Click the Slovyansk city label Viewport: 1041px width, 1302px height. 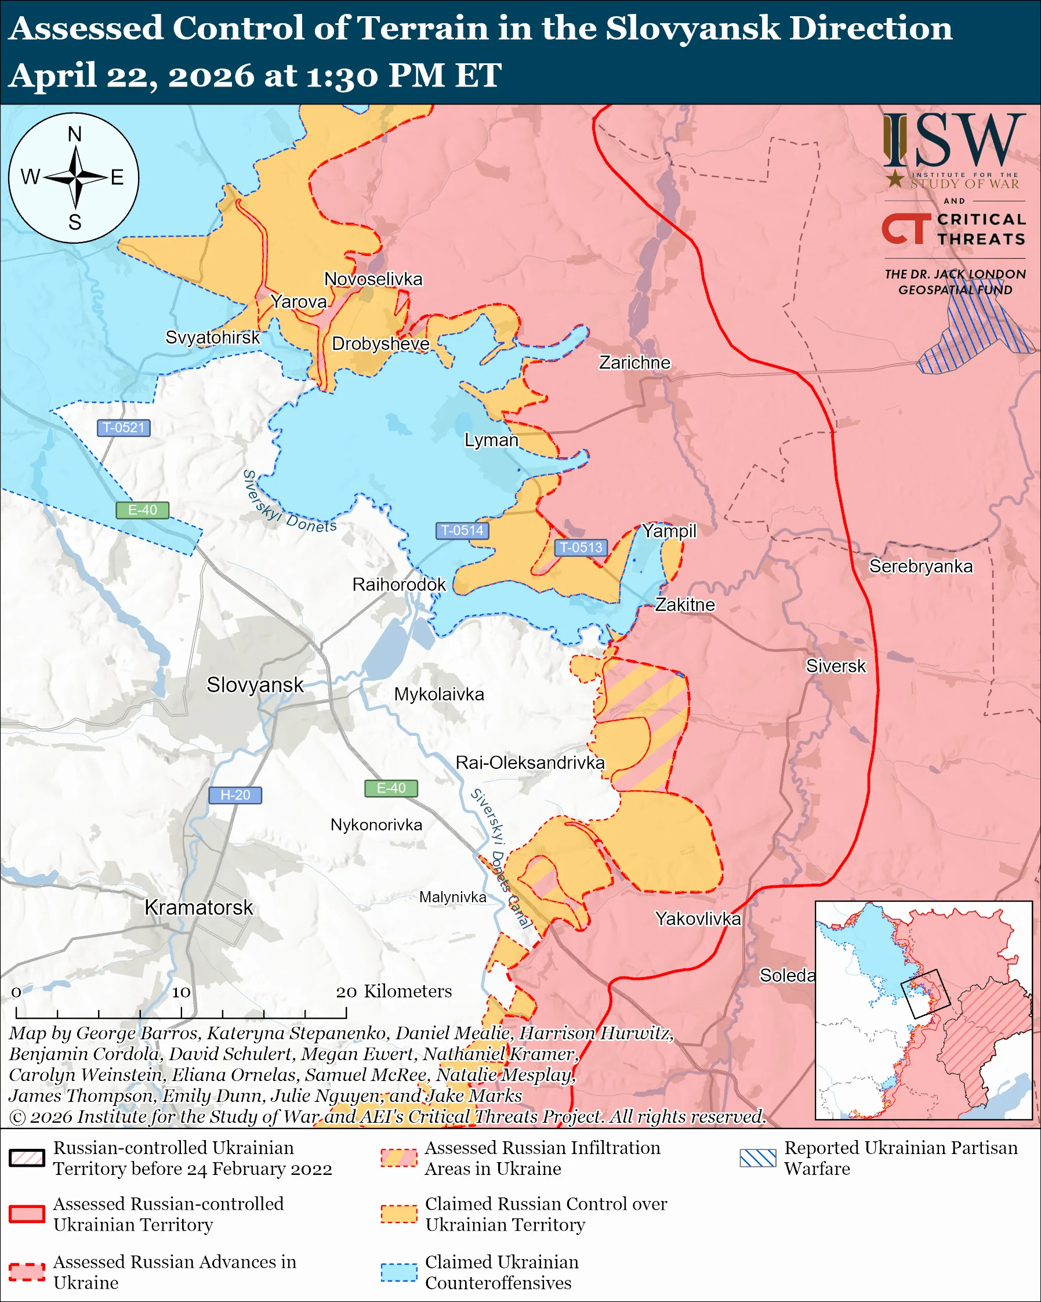255,685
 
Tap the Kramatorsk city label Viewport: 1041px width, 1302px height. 198,907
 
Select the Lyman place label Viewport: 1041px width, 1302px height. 491,440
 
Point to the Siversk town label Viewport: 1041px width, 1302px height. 835,666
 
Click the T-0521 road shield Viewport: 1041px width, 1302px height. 123,428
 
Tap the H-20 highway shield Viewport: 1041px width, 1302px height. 235,795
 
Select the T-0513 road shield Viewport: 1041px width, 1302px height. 581,547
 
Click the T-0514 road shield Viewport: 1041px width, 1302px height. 462,530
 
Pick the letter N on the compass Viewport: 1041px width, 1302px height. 74,134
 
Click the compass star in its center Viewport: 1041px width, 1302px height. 75,178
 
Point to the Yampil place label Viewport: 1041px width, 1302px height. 669,531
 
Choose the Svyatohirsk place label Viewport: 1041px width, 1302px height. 212,337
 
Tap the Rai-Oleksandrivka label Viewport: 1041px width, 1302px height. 530,763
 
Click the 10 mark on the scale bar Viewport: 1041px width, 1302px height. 181,992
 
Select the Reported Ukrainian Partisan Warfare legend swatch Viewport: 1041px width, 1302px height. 757,1158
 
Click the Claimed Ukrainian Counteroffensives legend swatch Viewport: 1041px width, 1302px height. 398,1272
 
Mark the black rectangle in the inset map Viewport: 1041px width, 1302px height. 924,993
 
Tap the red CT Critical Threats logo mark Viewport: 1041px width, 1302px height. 905,228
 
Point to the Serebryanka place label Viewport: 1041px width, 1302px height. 920,566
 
